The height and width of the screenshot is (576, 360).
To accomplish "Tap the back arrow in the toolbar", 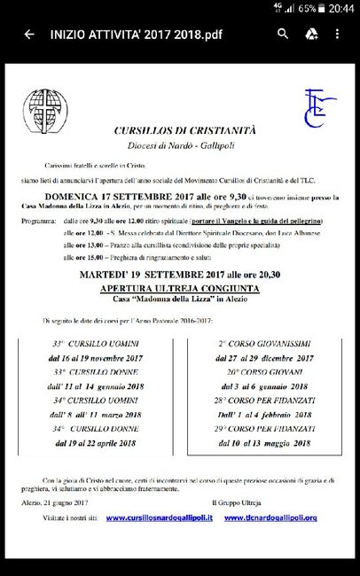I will point(29,35).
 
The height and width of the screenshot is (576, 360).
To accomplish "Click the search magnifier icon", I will point(283,35).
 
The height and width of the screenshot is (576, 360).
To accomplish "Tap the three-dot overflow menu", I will point(338,35).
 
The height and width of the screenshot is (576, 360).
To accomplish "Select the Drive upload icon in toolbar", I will point(311,35).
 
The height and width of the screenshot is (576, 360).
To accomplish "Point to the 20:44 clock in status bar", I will point(340,8).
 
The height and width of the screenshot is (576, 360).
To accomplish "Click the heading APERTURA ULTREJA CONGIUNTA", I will point(179,289).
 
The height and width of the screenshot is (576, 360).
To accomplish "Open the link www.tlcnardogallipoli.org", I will point(273,517).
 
